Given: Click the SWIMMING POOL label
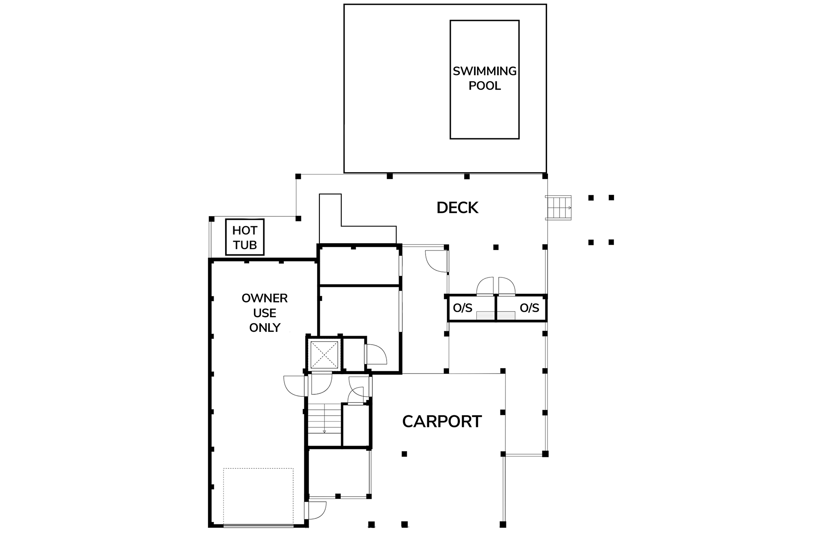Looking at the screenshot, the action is (485, 78).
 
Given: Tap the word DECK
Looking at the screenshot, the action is (457, 208).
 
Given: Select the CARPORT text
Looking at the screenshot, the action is (442, 422).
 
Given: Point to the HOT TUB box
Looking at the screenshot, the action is (245, 237).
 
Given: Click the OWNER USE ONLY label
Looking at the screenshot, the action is (265, 313).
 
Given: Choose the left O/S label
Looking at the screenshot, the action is (462, 308).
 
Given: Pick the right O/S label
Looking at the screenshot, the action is (529, 308).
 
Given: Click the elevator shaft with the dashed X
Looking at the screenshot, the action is (324, 354).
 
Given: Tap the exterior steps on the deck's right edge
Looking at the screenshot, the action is (558, 208).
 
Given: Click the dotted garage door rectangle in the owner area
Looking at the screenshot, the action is (258, 497).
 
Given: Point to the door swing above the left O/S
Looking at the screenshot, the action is (486, 286).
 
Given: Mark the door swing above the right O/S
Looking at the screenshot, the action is (506, 286).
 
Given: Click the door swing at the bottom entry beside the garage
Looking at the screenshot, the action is (317, 510).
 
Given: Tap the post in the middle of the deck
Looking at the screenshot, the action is (496, 247).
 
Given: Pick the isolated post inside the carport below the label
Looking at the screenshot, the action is (404, 454).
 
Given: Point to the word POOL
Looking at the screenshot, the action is (485, 86).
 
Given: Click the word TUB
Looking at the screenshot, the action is (245, 245).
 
